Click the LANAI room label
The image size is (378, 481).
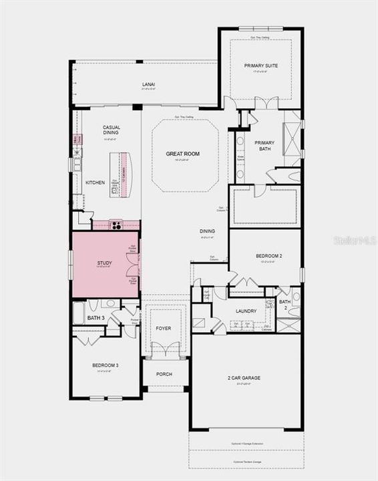point(148,84)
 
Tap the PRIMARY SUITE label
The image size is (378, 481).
point(260,65)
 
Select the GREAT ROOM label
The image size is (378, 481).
point(183,154)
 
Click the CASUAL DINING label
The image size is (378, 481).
point(111,130)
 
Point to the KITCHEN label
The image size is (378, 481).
point(95,182)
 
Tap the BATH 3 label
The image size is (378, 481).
point(96,317)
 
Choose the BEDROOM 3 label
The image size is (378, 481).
point(105,365)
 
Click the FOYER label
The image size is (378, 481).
point(164,329)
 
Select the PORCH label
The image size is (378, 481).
point(164,374)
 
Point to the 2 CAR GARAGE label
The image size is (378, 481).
point(244,378)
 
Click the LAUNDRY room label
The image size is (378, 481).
point(246,311)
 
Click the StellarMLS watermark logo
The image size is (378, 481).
point(355,240)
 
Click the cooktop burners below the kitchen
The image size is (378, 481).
point(116,225)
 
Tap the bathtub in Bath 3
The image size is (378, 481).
point(79,312)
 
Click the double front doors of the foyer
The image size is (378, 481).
point(164,350)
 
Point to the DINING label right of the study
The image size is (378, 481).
point(207,231)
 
